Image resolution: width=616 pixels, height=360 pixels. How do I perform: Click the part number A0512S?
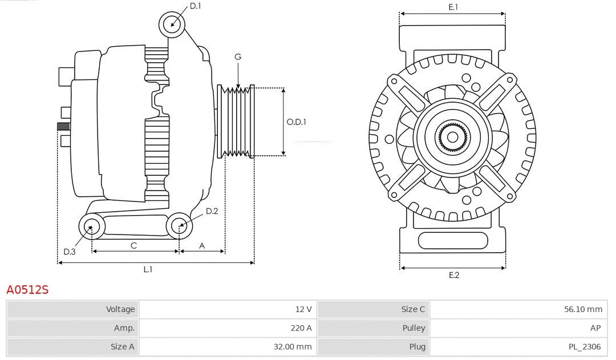27,290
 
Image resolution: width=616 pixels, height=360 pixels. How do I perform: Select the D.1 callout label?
195,6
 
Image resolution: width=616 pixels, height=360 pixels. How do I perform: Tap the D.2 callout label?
212,211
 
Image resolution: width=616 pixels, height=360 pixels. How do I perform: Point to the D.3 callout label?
69,252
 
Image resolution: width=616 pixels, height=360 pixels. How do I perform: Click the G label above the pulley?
238,56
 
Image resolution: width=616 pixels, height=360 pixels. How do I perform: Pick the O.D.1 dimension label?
296,122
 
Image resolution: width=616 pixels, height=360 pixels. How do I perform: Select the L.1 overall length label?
148,269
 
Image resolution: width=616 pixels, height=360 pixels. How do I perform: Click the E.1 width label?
453,7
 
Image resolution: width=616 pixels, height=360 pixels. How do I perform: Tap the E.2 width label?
453,275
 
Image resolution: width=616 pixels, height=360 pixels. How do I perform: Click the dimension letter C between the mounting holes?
133,245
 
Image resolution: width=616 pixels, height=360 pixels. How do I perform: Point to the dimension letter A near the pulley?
202,245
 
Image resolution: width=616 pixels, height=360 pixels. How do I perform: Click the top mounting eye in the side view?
172,25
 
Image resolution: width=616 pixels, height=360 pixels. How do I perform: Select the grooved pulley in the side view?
236,122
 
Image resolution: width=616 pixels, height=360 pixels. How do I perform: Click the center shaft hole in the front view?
452,137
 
